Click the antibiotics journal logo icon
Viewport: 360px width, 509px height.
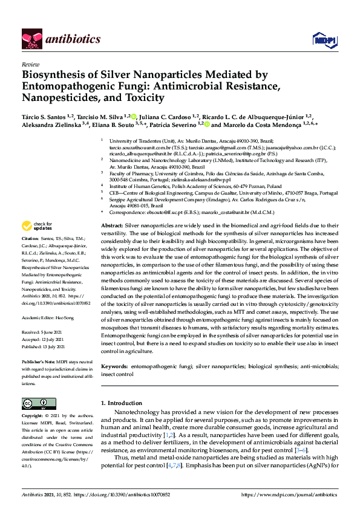click(31, 39)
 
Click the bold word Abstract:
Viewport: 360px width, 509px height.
click(112, 225)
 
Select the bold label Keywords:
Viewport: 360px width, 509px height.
click(114, 366)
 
